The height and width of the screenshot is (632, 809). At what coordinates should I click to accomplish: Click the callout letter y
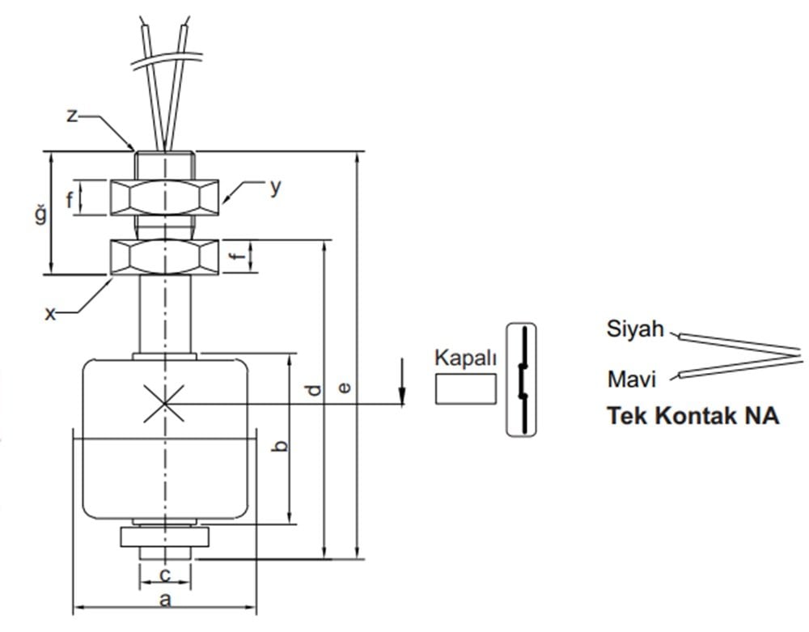coord(276,187)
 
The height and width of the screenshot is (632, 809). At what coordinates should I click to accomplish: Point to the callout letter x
coord(51,313)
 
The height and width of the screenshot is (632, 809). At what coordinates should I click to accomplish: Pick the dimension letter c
coord(164,575)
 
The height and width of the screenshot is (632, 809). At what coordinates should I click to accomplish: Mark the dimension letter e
coord(345,388)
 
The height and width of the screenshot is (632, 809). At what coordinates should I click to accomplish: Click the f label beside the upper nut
coord(70,200)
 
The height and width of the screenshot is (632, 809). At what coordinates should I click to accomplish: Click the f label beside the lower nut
coord(236,258)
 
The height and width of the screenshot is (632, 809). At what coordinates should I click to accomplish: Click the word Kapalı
coord(465,358)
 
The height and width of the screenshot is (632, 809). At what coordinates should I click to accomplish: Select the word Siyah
coord(635,329)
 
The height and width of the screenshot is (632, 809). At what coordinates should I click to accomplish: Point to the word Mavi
coord(631,378)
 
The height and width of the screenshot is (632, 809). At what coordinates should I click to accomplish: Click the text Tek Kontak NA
coord(693,417)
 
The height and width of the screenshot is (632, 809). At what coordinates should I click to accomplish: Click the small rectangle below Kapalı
coord(465,388)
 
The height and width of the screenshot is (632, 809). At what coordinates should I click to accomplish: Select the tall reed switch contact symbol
coord(522,380)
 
